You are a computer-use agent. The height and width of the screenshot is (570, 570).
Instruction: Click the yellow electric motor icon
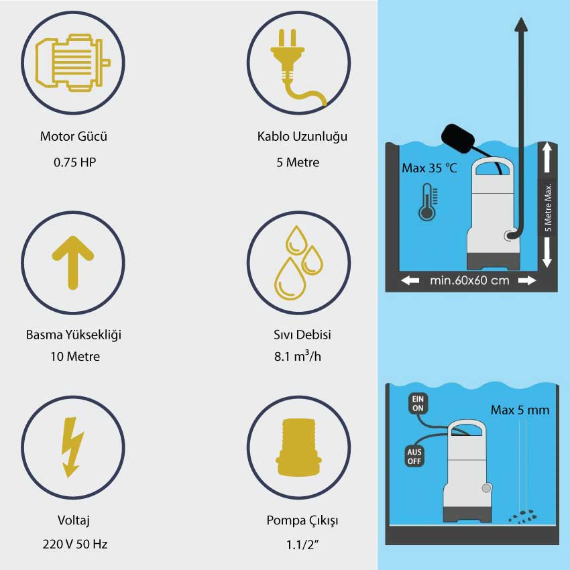pyautogui.click(x=72, y=62)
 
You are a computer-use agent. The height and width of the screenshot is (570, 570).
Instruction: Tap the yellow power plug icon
pyautogui.click(x=297, y=67)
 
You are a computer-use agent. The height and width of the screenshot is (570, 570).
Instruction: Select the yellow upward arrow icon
pyautogui.click(x=73, y=262)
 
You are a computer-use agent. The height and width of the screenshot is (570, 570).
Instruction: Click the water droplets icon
pyautogui.click(x=298, y=262)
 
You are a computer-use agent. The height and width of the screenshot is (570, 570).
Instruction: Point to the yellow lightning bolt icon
pyautogui.click(x=72, y=447)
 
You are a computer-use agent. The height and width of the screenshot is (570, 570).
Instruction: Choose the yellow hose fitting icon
pyautogui.click(x=298, y=447)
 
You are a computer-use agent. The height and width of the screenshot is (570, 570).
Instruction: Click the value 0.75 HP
pyautogui.click(x=75, y=162)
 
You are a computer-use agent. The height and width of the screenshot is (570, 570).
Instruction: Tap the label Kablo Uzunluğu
pyautogui.click(x=302, y=136)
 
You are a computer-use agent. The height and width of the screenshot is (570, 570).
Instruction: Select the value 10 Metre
pyautogui.click(x=75, y=356)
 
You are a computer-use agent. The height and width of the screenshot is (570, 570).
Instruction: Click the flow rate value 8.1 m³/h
pyautogui.click(x=298, y=355)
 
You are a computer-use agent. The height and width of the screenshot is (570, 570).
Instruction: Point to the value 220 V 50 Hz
pyautogui.click(x=75, y=544)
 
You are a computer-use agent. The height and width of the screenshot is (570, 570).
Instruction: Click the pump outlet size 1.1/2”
pyautogui.click(x=302, y=545)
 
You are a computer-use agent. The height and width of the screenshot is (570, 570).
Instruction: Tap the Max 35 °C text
pyautogui.click(x=429, y=168)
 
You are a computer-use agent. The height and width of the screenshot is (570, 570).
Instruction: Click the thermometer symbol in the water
pyautogui.click(x=428, y=202)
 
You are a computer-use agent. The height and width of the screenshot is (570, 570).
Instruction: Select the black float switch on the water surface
pyautogui.click(x=457, y=139)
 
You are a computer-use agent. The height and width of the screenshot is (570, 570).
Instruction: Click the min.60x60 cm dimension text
pyautogui.click(x=469, y=280)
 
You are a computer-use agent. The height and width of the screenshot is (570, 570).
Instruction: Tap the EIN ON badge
pyautogui.click(x=418, y=404)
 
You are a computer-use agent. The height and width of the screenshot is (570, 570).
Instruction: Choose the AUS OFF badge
pyautogui.click(x=414, y=457)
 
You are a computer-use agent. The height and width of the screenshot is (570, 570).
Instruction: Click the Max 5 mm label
pyautogui.click(x=520, y=410)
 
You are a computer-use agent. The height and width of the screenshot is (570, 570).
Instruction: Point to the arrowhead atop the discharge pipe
pyautogui.click(x=521, y=25)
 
